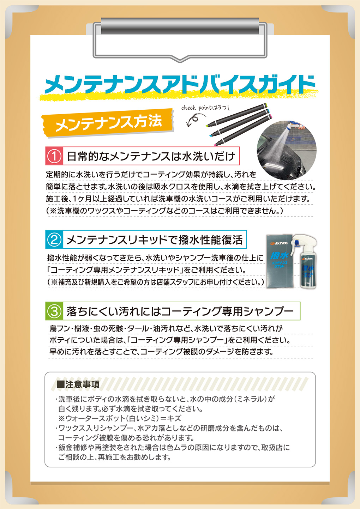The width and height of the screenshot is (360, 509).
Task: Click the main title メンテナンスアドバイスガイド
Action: pos(180,85)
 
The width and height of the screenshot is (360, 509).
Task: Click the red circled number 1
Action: pos(54,156)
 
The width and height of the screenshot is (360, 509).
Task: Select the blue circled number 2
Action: pos(54,240)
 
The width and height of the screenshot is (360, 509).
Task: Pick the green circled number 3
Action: pos(54,311)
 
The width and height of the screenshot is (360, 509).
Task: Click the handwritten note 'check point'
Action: pos(205,108)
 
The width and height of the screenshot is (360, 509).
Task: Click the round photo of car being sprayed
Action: pos(286,150)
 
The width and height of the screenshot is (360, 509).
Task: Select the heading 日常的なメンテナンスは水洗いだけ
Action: pos(151,156)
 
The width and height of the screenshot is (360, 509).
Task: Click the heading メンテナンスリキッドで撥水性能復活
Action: pos(154,240)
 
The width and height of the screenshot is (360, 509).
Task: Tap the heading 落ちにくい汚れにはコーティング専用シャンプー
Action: pos(180,311)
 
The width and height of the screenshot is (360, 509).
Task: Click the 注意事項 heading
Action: pos(82,384)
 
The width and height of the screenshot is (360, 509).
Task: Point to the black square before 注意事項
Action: pos(60,384)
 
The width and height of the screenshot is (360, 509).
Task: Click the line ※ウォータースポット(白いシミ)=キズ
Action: pos(120,418)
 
